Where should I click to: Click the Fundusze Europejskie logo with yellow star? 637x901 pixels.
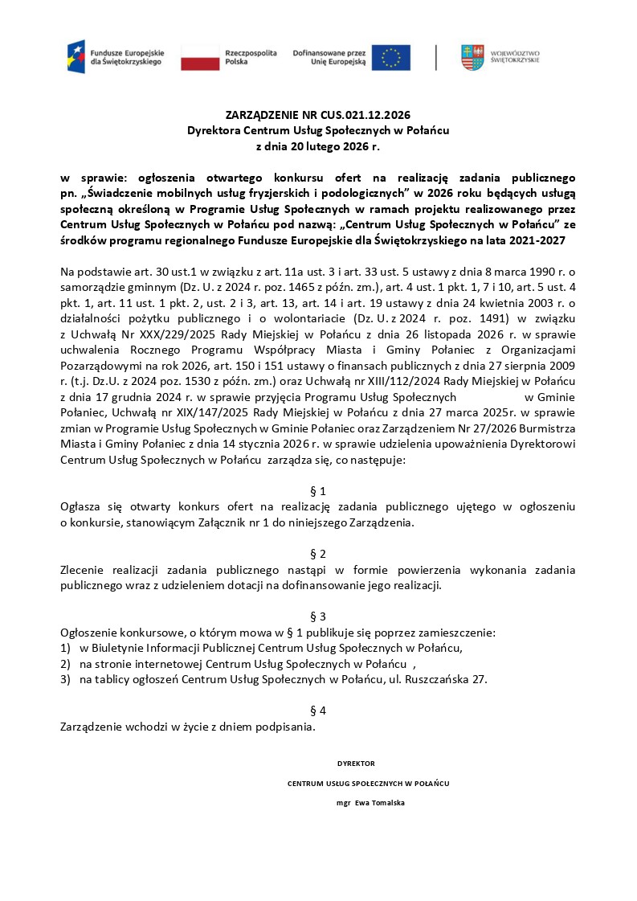click(x=76, y=56)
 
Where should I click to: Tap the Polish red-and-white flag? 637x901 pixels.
click(x=200, y=57)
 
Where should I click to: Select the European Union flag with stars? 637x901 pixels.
click(x=391, y=57)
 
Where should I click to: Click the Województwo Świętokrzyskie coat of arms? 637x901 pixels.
click(x=472, y=57)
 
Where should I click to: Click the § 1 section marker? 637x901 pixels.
click(x=318, y=490)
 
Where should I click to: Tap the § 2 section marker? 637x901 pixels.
click(x=318, y=554)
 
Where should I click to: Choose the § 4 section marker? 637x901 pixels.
click(x=318, y=711)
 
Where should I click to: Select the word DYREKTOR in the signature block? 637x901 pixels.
click(x=356, y=764)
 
